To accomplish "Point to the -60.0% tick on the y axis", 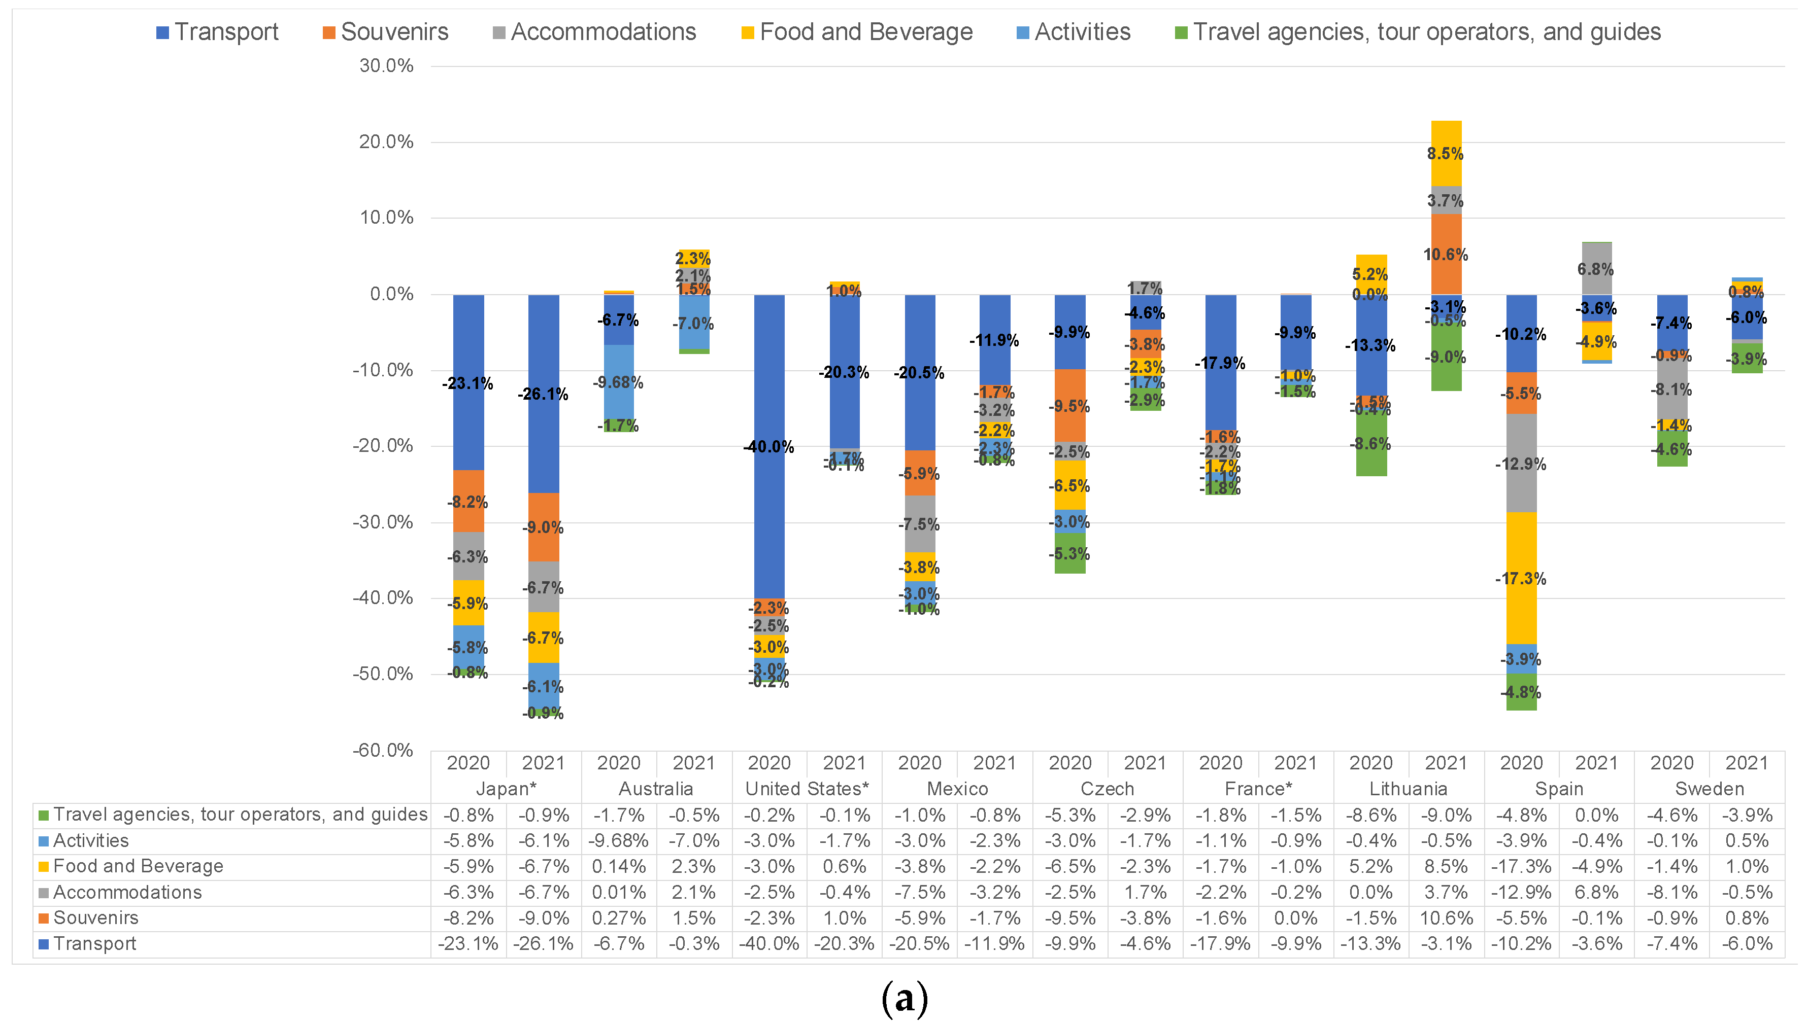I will tap(383, 751).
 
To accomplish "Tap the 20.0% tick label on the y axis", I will tap(386, 142).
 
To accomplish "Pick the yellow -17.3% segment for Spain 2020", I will tap(1521, 578).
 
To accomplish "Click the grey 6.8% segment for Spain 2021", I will tap(1596, 269).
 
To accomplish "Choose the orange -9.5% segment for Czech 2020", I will tap(1070, 406).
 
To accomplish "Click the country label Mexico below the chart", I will tap(957, 789).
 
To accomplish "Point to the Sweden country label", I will tap(1710, 789).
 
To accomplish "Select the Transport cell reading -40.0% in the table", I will tap(769, 944).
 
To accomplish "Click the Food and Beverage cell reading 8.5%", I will tap(1446, 867).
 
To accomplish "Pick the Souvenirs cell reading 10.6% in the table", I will tap(1446, 918).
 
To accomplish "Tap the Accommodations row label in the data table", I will tap(127, 893).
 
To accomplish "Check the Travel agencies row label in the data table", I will tap(240, 815).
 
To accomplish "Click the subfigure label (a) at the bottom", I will tap(905, 998).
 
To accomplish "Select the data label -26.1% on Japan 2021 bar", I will tap(543, 394).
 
